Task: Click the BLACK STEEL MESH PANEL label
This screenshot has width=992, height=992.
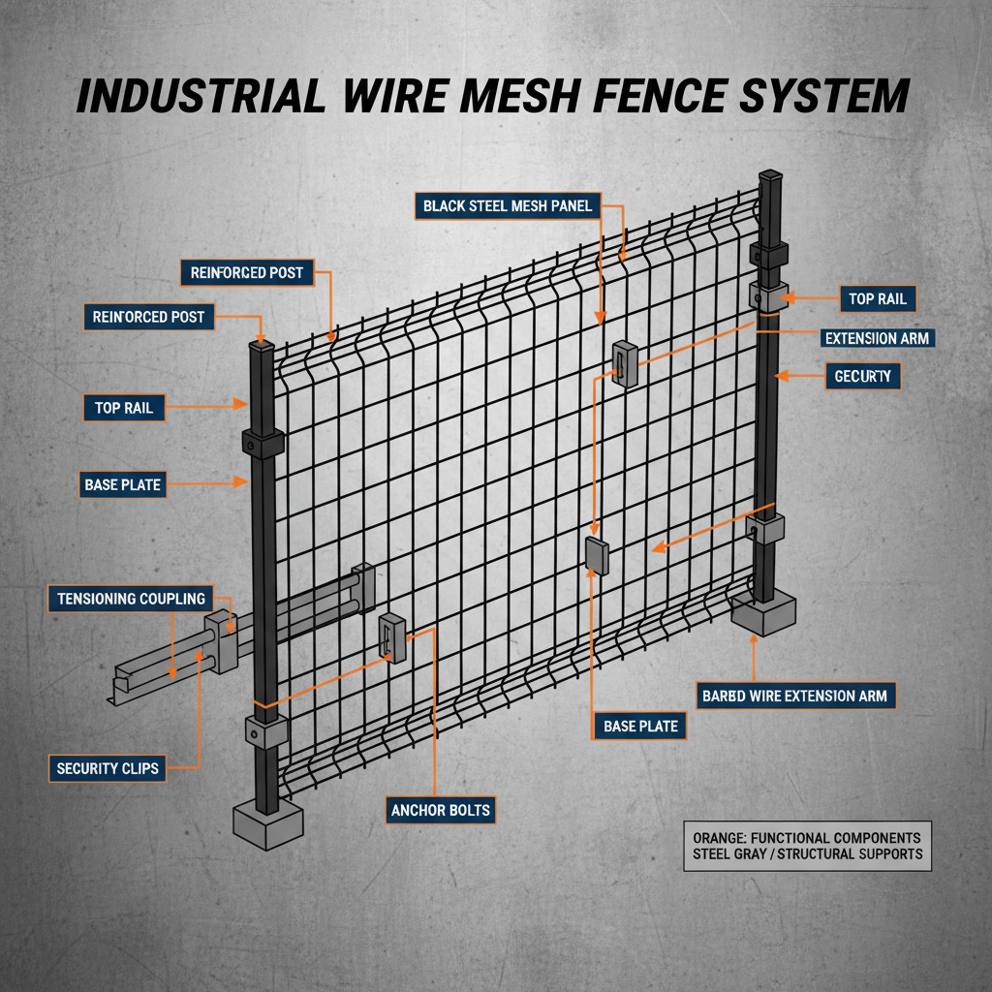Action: pos(509,205)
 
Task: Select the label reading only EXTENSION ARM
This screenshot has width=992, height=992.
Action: pos(877,338)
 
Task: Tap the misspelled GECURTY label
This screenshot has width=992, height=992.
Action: pos(862,376)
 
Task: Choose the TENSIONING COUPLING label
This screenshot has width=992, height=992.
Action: pos(131,599)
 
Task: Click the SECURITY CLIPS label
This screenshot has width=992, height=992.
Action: pos(108,769)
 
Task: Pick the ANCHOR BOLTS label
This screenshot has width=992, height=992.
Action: pos(441,810)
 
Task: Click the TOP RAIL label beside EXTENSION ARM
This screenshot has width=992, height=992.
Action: pos(877,299)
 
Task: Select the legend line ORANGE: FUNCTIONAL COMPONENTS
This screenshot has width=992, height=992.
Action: pos(807,837)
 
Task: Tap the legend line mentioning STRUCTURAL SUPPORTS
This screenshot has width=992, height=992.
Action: pos(807,854)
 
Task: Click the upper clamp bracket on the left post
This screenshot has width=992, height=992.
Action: pos(263,445)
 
